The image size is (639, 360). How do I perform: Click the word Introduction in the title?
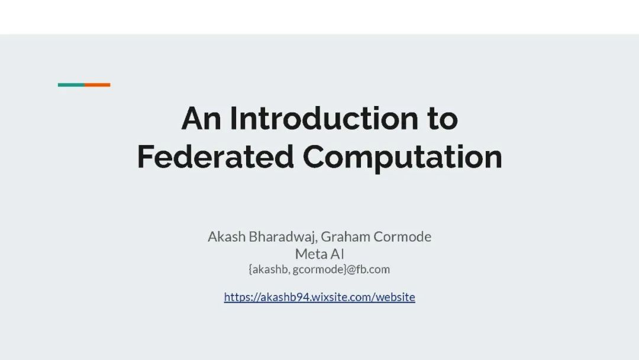coord(324,118)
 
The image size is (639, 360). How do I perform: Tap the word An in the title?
coord(201,118)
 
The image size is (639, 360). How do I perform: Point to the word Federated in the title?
coord(215,156)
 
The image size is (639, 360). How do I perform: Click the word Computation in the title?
coord(402,157)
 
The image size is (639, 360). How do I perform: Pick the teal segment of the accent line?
coord(71,85)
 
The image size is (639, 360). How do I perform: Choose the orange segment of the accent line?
coord(98,85)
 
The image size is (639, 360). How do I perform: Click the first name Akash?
coord(227,236)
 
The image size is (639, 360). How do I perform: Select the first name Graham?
coord(346,236)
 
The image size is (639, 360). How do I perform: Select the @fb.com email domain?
coord(369,269)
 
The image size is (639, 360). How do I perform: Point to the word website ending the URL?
coord(395,297)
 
